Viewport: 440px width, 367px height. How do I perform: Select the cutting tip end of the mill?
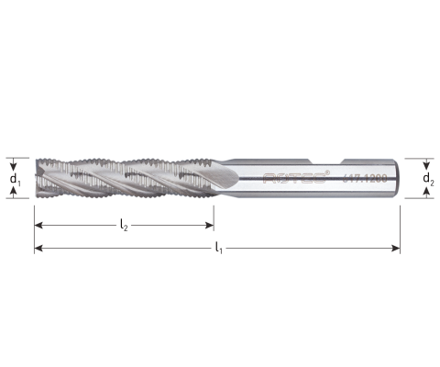[x=36, y=177]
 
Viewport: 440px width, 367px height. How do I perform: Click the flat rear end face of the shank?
[x=400, y=177]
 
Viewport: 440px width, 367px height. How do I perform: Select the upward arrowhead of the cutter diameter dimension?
[x=12, y=191]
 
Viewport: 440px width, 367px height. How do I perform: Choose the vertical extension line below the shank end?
[x=401, y=225]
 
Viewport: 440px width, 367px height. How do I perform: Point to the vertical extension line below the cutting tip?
[x=33, y=225]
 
